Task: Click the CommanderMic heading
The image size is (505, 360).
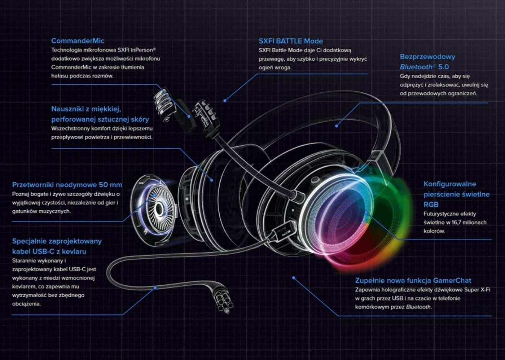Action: [x=78, y=41]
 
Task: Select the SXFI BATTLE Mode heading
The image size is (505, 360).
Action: [x=290, y=41]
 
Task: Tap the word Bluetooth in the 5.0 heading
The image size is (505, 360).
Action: [x=416, y=67]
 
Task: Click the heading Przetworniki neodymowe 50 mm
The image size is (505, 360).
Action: [x=67, y=185]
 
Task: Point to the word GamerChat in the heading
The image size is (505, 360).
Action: [x=452, y=280]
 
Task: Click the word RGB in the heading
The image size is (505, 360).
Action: [x=431, y=204]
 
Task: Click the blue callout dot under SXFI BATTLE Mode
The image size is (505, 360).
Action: [x=225, y=101]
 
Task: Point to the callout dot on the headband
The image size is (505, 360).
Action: [x=336, y=126]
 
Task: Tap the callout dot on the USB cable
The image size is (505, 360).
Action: [x=155, y=287]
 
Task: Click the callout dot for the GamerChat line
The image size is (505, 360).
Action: [x=294, y=278]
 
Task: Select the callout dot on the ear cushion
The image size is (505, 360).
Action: [x=212, y=180]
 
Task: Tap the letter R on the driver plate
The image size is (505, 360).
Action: [x=145, y=232]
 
